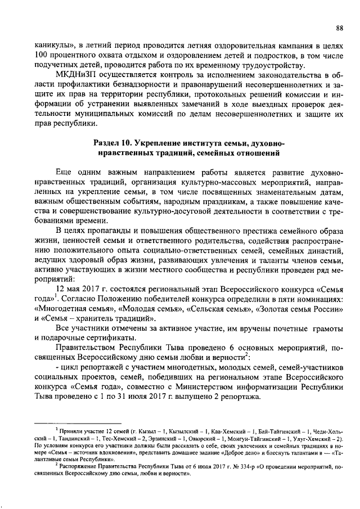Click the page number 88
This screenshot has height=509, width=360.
(x=340, y=28)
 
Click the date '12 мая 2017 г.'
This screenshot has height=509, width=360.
(x=84, y=288)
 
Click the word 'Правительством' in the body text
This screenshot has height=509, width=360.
(x=87, y=349)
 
